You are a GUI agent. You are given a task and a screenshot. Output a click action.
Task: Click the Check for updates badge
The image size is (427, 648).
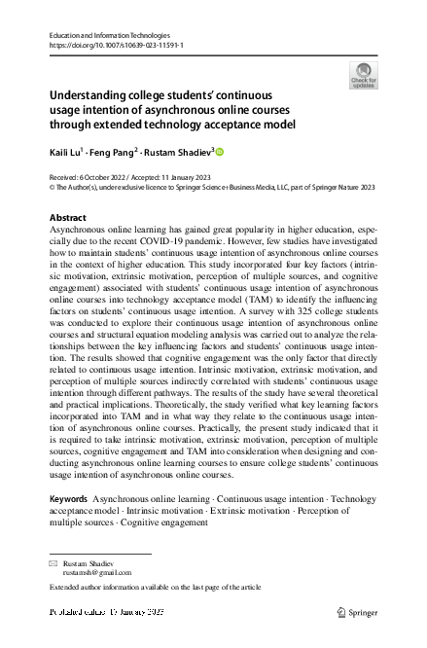click(364, 74)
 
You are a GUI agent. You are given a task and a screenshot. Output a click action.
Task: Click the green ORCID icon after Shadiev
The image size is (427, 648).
click(219, 151)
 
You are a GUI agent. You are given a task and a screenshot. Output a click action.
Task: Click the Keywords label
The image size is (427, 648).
click(70, 498)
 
